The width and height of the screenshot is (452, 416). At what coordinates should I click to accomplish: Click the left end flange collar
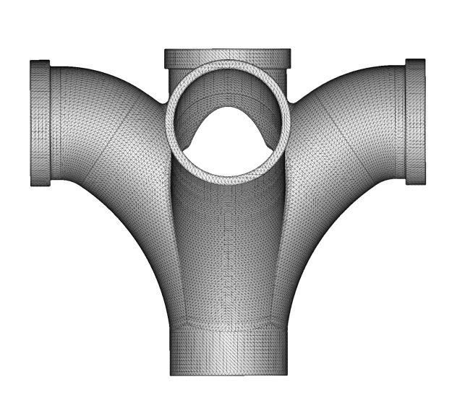[40, 123]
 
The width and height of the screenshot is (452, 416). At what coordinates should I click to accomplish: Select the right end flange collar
[415, 121]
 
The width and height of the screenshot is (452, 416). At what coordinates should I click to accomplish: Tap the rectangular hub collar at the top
[228, 56]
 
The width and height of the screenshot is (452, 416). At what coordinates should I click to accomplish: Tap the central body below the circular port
[229, 253]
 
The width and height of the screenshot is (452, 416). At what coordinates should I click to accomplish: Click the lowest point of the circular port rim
[229, 183]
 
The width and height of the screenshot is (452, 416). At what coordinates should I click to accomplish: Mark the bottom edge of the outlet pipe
[229, 375]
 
